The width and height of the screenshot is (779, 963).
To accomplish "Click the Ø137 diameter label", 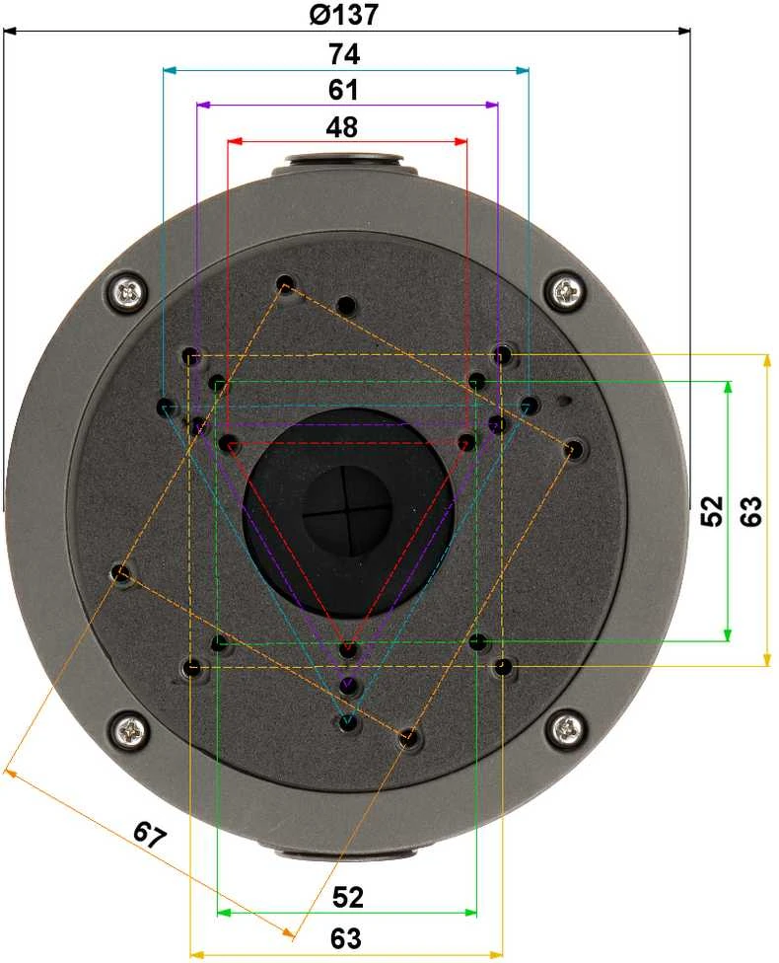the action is (343, 14).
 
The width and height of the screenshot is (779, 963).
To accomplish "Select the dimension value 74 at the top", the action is (344, 54).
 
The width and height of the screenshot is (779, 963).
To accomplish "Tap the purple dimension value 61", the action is (343, 90).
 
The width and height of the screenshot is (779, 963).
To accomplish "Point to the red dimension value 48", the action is (342, 127).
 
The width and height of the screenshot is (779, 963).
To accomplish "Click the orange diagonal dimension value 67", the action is (150, 835).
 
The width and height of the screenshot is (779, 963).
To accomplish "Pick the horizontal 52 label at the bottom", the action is (348, 897).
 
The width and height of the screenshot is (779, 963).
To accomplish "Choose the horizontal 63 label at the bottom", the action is (346, 938).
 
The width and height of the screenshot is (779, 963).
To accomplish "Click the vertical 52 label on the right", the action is (712, 511).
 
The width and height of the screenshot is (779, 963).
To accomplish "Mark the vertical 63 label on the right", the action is (750, 511).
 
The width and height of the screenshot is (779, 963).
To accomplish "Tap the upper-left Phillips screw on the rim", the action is (128, 291).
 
